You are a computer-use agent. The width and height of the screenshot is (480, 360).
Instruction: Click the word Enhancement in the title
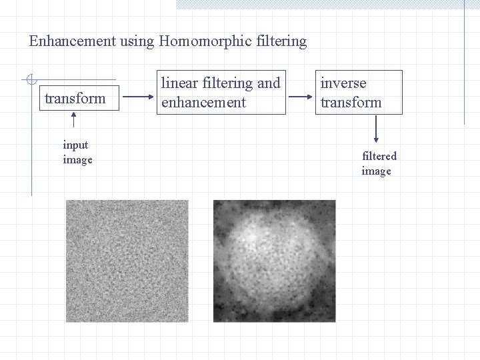tap(73, 41)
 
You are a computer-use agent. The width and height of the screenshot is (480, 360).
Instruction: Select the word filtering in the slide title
tap(279, 41)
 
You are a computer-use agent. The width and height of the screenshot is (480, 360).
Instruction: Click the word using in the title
tap(137, 41)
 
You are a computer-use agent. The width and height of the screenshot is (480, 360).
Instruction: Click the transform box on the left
tap(75, 99)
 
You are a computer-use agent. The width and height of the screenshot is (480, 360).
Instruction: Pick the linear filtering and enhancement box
tap(221, 92)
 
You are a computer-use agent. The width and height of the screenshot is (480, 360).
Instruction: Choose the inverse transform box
tap(359, 92)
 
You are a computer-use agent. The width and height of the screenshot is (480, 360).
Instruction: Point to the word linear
tap(178, 83)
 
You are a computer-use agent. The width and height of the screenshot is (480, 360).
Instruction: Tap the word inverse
tap(343, 83)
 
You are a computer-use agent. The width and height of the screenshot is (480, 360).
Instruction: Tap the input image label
tap(77, 152)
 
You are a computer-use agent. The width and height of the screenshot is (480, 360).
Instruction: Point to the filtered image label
tap(379, 163)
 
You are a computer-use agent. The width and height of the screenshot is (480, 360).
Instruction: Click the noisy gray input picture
tap(127, 261)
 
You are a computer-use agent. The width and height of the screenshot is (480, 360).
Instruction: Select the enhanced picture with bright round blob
tap(274, 261)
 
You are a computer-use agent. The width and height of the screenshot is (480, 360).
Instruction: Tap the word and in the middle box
tap(269, 83)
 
